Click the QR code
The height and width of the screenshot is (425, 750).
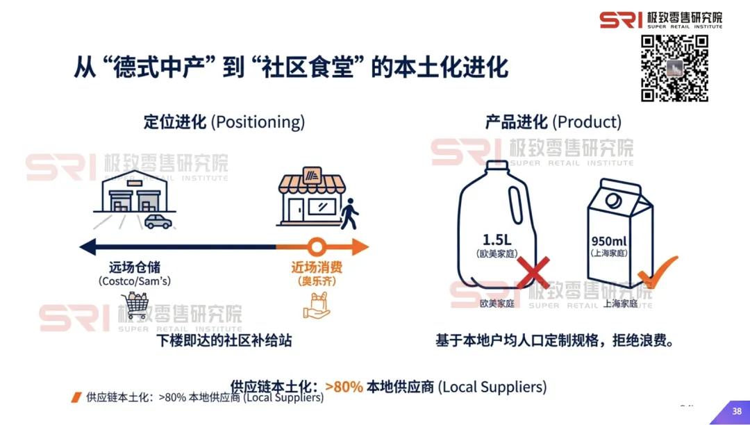click(674, 68)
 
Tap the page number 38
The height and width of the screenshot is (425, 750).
click(737, 412)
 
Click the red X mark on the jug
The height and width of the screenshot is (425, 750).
click(533, 272)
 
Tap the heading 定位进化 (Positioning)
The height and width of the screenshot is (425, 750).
click(224, 122)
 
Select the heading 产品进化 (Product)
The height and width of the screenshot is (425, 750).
click(553, 122)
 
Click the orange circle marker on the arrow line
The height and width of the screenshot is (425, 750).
click(317, 246)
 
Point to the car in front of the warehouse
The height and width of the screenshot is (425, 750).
click(158, 222)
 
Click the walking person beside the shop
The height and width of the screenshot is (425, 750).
click(351, 213)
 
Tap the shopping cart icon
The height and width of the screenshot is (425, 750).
click(135, 306)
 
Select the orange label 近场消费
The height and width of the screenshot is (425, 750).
click(317, 267)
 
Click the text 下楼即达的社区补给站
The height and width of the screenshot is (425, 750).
click(224, 341)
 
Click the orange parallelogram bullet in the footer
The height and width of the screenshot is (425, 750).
click(76, 398)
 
